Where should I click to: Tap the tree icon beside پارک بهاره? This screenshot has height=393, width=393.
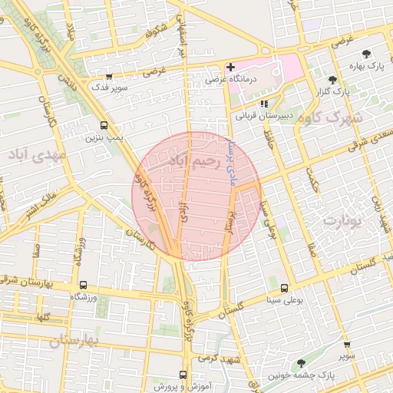[x=366, y=55]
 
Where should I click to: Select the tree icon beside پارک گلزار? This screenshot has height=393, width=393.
[x=332, y=80]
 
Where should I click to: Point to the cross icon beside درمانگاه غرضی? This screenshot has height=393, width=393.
[x=230, y=67]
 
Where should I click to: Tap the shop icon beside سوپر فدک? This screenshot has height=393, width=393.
[x=108, y=77]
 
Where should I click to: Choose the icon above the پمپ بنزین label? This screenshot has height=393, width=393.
[x=104, y=126]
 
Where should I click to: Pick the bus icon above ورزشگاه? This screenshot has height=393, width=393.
[x=83, y=283]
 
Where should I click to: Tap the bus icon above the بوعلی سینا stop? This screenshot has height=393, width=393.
[x=285, y=288]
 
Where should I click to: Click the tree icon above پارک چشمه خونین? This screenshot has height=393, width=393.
[x=300, y=362]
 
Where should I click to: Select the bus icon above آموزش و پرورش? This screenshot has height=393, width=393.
[x=183, y=375]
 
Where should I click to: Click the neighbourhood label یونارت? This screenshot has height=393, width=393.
[x=342, y=221]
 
